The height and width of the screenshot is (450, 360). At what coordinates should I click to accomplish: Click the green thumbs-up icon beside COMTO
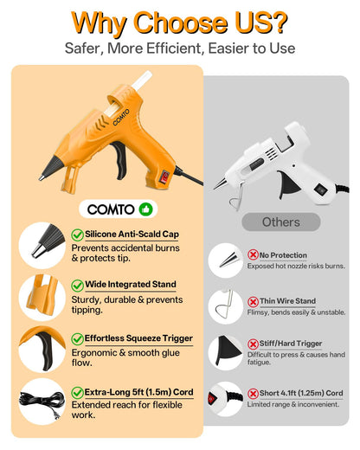(x=145, y=209)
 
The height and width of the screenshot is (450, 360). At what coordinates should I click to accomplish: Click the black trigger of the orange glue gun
(x=119, y=159)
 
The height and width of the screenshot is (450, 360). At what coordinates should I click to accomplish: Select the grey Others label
(x=281, y=222)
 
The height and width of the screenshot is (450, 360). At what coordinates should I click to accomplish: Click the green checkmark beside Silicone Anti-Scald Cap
(x=77, y=235)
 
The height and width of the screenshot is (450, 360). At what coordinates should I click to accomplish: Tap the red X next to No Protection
(x=253, y=254)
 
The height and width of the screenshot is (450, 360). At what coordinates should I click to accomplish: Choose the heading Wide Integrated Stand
(x=131, y=284)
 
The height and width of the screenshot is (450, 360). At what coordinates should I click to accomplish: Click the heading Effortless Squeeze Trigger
(x=138, y=338)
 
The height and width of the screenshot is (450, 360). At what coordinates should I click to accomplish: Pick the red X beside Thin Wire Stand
(x=253, y=302)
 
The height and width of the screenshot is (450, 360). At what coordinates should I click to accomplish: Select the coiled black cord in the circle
(x=41, y=402)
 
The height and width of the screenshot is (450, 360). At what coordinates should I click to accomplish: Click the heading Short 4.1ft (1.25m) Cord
(x=301, y=393)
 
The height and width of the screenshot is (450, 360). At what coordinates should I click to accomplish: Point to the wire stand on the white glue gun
(x=236, y=194)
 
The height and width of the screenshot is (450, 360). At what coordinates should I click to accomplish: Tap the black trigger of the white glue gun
(x=288, y=183)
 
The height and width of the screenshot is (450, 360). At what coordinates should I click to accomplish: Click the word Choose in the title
(x=181, y=23)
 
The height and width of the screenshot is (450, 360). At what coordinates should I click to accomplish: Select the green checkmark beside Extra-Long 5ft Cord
(x=77, y=393)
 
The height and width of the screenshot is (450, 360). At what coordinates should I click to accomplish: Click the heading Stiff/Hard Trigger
(x=291, y=344)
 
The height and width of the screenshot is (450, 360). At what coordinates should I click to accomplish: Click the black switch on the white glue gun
(x=320, y=190)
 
